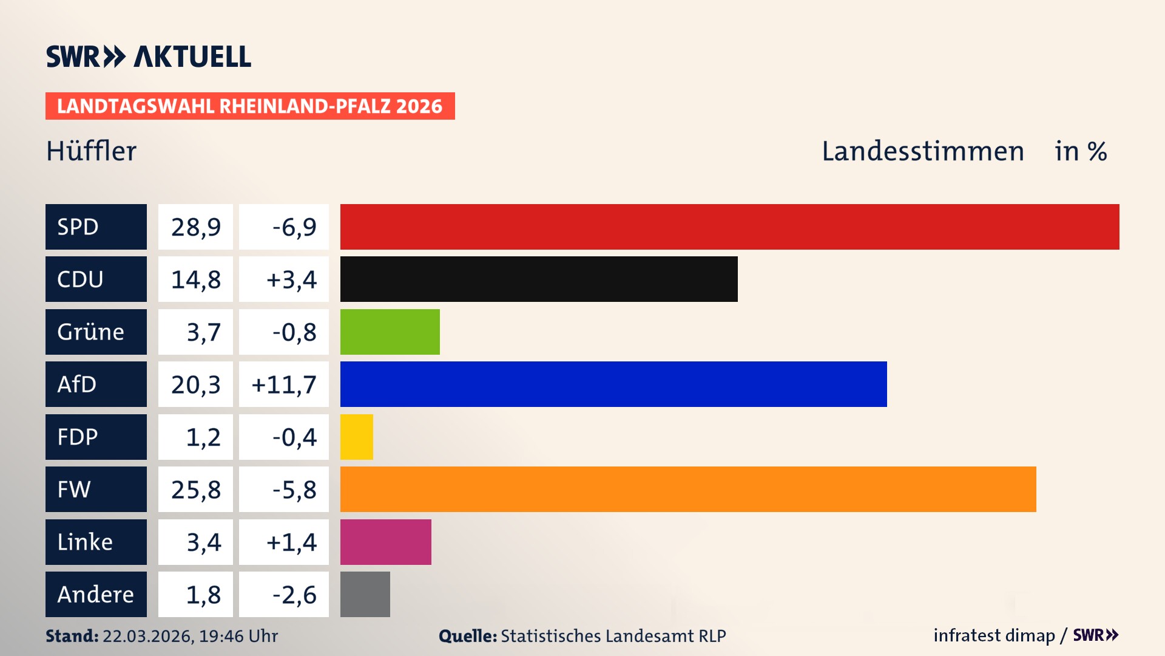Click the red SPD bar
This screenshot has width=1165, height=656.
(x=729, y=227)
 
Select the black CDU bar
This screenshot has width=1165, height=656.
(x=539, y=279)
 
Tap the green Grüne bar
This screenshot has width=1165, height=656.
(x=390, y=332)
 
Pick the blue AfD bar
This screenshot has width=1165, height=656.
(x=613, y=384)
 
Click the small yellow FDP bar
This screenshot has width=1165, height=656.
(x=357, y=437)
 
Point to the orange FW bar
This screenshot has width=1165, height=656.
(x=688, y=489)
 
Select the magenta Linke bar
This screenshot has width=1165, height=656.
(x=385, y=542)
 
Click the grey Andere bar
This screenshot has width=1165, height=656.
(x=365, y=594)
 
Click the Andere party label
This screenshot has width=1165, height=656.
(x=96, y=594)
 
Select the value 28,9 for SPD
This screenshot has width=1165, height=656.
(x=195, y=227)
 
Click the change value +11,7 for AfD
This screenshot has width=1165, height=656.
(x=284, y=384)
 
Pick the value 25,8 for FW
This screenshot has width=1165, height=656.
(x=195, y=489)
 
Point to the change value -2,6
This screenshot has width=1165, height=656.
(x=294, y=594)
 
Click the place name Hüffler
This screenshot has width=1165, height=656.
(x=92, y=151)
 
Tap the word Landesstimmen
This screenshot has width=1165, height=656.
(x=922, y=151)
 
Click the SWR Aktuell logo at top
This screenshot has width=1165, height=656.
(x=149, y=56)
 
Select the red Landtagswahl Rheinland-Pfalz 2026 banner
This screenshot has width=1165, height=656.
(x=250, y=106)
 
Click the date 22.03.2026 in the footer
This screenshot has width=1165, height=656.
(x=147, y=636)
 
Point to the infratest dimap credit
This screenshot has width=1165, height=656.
(x=994, y=635)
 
